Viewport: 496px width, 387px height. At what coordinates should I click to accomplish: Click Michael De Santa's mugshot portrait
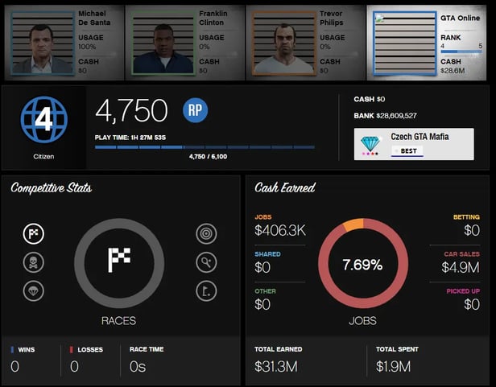coord(42,44)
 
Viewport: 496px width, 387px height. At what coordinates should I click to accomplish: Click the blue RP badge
coord(195,111)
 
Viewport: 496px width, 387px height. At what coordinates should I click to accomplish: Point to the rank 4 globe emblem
coord(43,121)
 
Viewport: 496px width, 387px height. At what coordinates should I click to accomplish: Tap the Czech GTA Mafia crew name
coord(420,137)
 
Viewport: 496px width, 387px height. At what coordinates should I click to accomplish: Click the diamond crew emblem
coord(370,144)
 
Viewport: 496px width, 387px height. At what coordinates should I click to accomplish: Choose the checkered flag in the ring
coord(119,259)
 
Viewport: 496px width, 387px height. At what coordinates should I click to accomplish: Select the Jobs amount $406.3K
coord(280,231)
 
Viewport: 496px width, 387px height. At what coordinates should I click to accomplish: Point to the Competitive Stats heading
coord(51,188)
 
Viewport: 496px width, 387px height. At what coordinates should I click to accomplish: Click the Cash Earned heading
coord(284,188)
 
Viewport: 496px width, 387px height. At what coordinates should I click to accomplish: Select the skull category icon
coord(34,262)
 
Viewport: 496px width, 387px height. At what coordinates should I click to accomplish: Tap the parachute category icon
coord(34,291)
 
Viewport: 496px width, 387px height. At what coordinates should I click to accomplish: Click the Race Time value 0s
coord(139,367)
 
